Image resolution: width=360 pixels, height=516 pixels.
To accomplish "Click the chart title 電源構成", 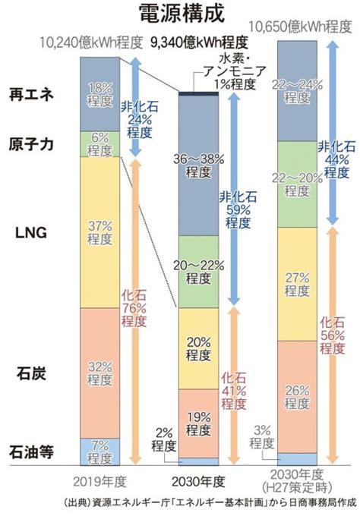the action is tap(182, 13).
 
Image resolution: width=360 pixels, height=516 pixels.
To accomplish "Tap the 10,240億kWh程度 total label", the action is tap(91, 42).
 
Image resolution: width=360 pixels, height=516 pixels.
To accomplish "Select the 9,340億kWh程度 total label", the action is tap(199, 42).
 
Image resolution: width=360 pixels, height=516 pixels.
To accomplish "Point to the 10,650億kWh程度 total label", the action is tap(300, 27).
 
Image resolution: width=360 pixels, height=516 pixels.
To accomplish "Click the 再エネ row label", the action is tap(31, 95).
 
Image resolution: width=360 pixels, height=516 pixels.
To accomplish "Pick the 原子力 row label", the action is tap(31, 144).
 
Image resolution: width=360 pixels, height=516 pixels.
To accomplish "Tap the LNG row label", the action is tap(31, 233).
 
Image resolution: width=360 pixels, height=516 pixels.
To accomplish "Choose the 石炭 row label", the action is tap(31, 374).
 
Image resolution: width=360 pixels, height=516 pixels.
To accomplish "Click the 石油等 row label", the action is tap(31, 452).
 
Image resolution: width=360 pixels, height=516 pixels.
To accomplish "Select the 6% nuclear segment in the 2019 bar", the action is tap(99, 144).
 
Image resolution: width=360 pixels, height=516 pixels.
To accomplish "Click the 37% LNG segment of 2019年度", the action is tap(99, 232).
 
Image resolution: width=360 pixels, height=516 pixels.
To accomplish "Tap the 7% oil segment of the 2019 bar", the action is tap(99, 451).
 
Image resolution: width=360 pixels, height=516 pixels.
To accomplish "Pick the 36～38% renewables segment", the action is tap(199, 165).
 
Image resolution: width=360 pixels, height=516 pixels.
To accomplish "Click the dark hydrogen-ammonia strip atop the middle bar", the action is tap(199, 93).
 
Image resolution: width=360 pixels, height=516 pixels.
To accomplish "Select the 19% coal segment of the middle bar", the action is tap(199, 423).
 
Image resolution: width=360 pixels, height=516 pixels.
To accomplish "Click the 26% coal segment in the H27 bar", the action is tap(297, 397).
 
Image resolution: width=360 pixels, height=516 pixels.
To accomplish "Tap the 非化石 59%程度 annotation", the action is tap(238, 210).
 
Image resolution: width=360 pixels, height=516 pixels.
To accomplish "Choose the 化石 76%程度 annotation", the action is tap(134, 308).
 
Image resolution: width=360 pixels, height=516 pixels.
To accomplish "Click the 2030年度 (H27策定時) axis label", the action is tap(297, 481).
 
